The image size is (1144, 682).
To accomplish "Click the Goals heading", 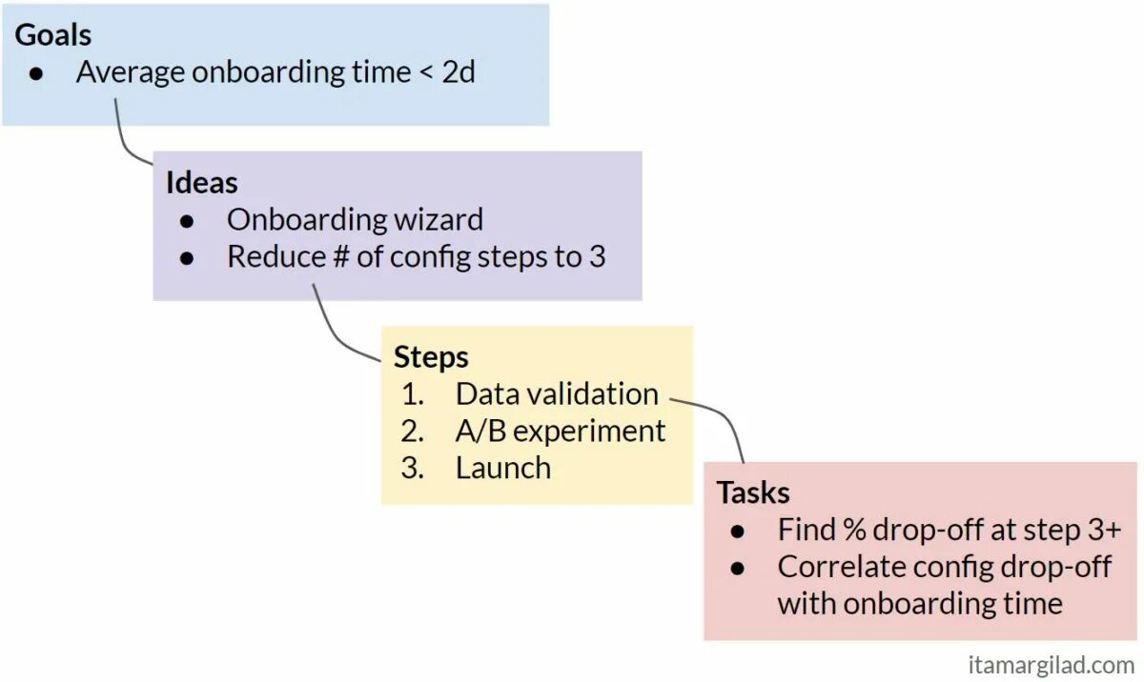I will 53,35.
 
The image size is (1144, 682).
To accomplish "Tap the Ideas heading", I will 201,182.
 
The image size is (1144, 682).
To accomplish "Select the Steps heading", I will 431,357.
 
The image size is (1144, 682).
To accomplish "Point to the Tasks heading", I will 753,492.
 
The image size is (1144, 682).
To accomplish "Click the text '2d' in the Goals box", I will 459,72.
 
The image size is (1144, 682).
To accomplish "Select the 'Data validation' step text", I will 557,393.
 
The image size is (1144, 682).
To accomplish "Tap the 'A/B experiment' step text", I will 561,431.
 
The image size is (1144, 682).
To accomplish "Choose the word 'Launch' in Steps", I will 503,468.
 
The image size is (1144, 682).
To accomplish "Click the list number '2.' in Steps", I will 412,431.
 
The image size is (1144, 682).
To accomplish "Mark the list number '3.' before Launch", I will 412,468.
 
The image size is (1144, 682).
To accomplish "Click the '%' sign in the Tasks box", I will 854,530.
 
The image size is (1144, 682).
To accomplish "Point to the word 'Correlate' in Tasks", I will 842,567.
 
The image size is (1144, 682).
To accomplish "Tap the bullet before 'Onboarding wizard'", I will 187,221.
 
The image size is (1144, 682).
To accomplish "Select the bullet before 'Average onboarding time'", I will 36,73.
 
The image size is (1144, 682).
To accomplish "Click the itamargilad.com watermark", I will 1050,664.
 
